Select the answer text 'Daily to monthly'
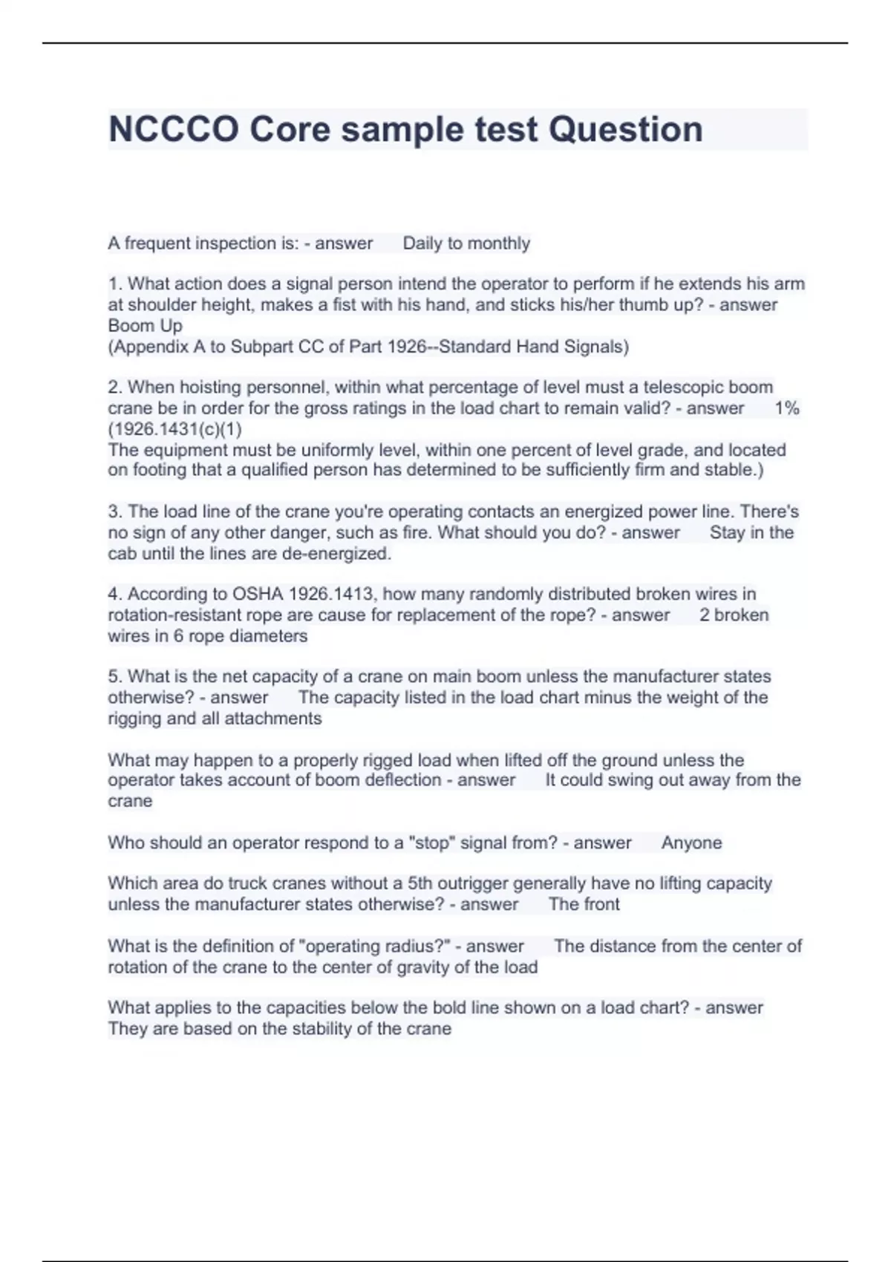click(466, 243)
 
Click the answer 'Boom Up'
click(145, 326)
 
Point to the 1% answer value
click(786, 408)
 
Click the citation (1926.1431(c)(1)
click(174, 429)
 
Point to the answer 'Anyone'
click(691, 843)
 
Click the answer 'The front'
click(584, 905)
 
